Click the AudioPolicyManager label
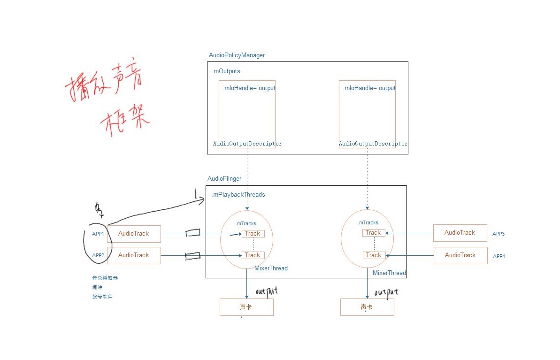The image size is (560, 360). pyautogui.click(x=237, y=55)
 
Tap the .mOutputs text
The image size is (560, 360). pyautogui.click(x=226, y=71)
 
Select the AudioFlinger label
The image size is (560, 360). pyautogui.click(x=224, y=179)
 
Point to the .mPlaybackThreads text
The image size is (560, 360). pyautogui.click(x=238, y=195)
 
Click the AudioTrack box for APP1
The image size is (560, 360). pyautogui.click(x=134, y=234)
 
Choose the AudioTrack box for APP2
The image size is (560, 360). pyautogui.click(x=134, y=255)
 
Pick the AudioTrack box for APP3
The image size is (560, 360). pyautogui.click(x=460, y=233)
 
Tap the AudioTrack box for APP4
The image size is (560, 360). pyautogui.click(x=460, y=255)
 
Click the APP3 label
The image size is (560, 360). pyautogui.click(x=498, y=234)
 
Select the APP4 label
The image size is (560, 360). pyautogui.click(x=498, y=256)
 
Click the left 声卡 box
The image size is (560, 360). pyautogui.click(x=246, y=307)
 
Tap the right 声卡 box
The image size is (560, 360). pyautogui.click(x=367, y=307)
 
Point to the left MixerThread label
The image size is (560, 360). pyautogui.click(x=271, y=268)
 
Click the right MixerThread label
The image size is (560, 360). pyautogui.click(x=389, y=273)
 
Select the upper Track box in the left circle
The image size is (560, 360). pyautogui.click(x=253, y=234)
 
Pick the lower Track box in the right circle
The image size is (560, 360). pyautogui.click(x=374, y=255)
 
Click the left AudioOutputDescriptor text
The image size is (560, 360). pyautogui.click(x=247, y=144)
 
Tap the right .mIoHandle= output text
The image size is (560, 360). pyautogui.click(x=369, y=88)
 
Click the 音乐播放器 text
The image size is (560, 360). pyautogui.click(x=105, y=278)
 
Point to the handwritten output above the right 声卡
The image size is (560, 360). pyautogui.click(x=386, y=292)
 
